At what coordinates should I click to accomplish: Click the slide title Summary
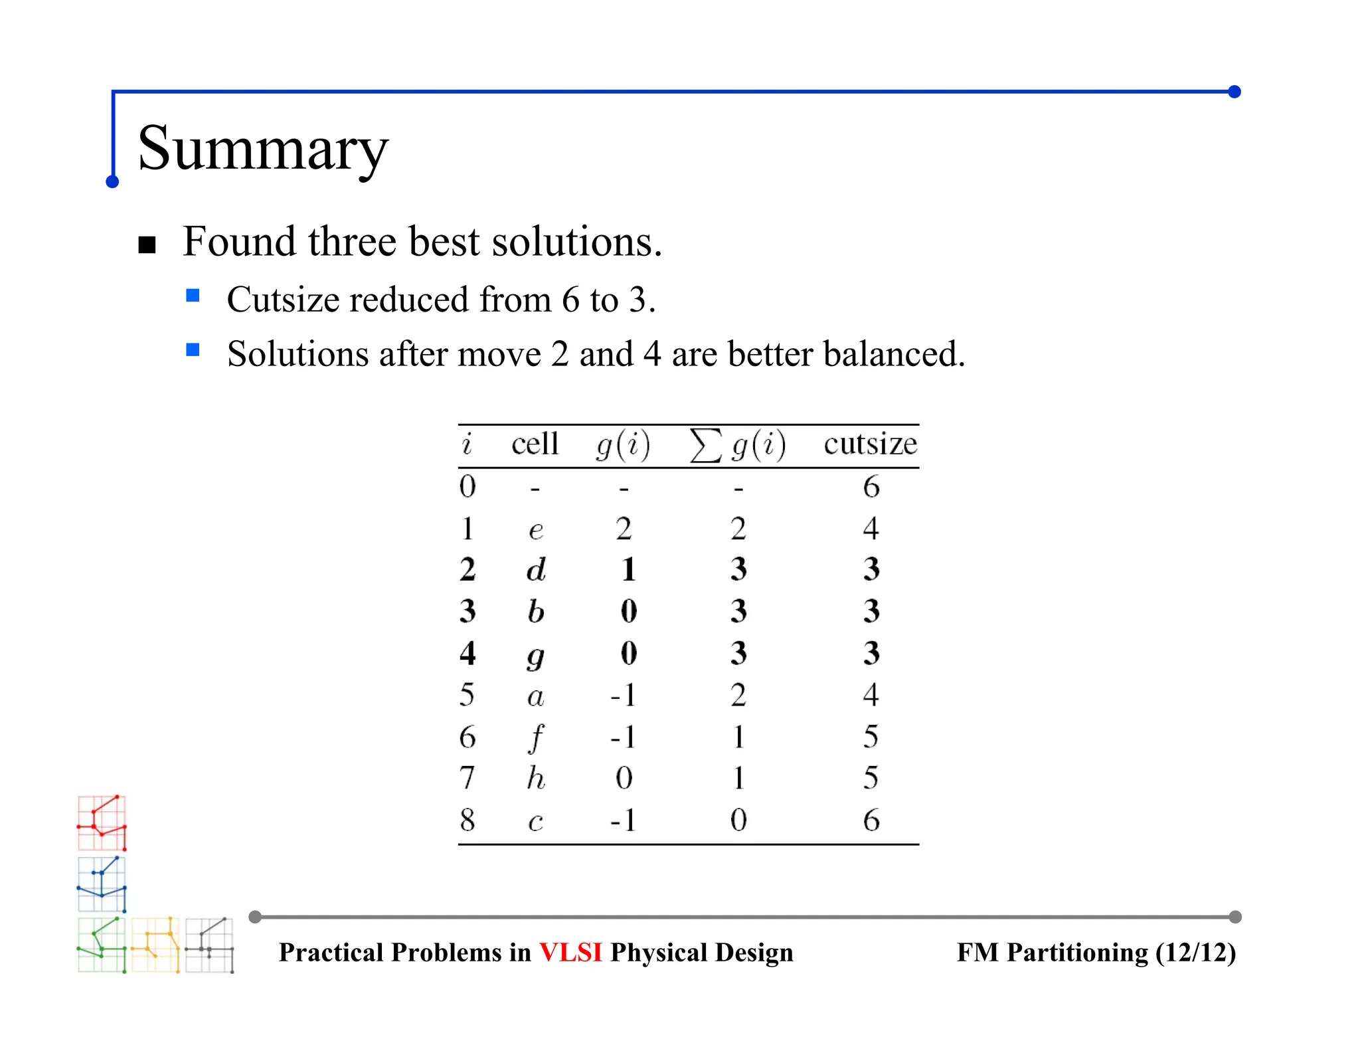coord(262,148)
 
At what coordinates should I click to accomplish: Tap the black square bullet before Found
coord(147,245)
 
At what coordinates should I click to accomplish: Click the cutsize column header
coord(870,444)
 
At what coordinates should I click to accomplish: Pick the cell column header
coord(535,444)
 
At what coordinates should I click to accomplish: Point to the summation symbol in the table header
coord(705,444)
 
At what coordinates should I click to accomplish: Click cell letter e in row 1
coord(536,530)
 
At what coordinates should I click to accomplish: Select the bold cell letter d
coord(536,570)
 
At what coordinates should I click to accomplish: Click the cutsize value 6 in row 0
coord(871,487)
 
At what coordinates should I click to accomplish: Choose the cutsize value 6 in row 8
coord(871,820)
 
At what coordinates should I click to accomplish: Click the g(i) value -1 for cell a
coord(623,695)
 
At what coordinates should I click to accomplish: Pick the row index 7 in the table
coord(467,778)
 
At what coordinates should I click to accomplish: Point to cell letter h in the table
coord(536,778)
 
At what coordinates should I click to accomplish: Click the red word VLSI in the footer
coord(570,953)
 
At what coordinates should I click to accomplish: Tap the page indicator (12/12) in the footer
coord(1195,953)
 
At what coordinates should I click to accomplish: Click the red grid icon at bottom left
coord(102,822)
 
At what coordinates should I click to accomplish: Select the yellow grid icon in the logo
coord(155,945)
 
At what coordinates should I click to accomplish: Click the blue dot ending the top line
coord(1234,92)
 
